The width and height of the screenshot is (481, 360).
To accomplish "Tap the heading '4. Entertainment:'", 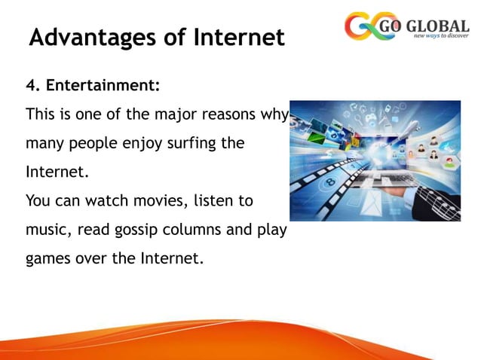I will tap(93, 87).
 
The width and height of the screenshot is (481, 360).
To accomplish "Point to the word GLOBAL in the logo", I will tap(440, 23).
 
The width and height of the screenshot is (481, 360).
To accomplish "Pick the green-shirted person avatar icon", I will tap(450, 162).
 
